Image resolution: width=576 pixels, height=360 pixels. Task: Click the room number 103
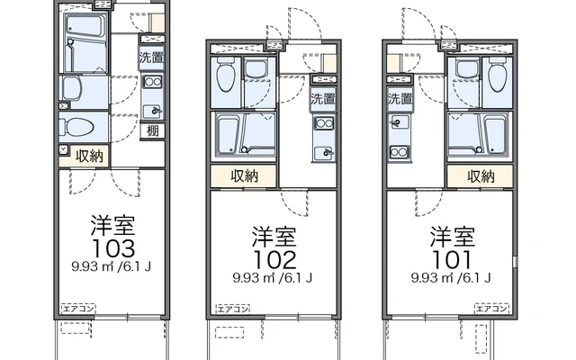(x=112, y=247)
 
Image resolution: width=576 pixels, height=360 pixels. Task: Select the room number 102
(x=274, y=259)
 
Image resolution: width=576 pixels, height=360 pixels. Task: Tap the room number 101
(x=451, y=259)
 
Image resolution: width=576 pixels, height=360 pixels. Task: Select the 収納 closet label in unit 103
(x=87, y=155)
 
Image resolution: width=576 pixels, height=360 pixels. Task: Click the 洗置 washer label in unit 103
(x=151, y=58)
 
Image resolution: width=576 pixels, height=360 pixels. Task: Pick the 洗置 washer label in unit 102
(x=321, y=98)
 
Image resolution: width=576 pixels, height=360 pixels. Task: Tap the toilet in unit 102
(x=228, y=74)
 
